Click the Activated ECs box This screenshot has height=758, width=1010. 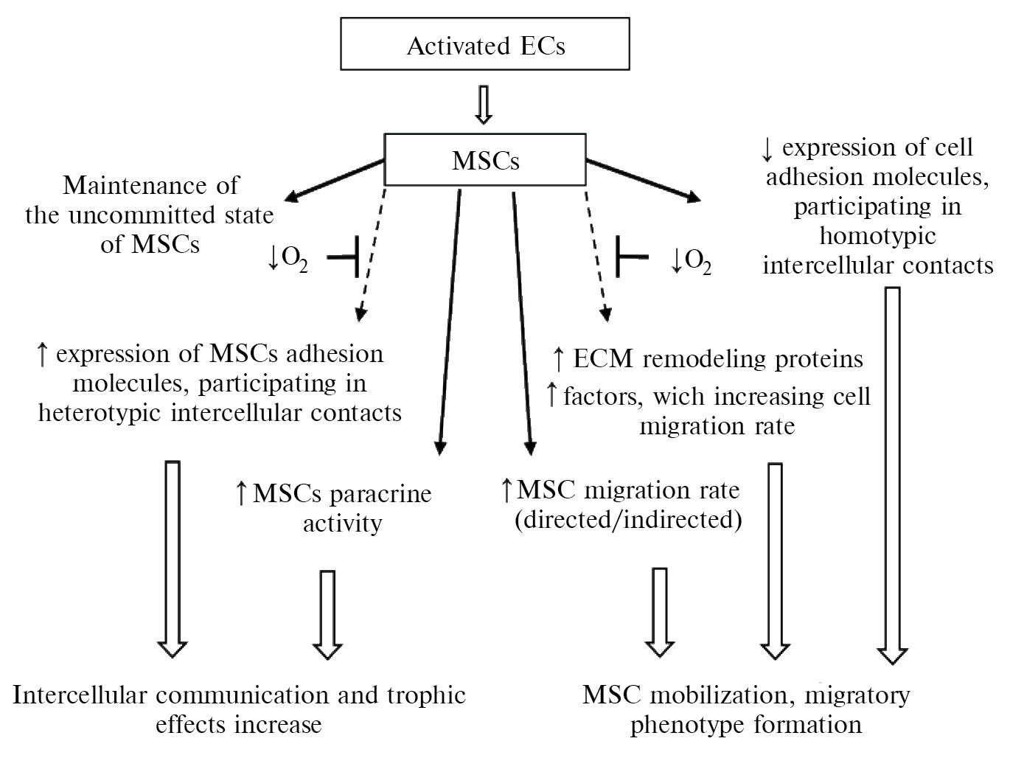click(x=485, y=47)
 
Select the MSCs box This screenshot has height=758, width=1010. click(x=485, y=160)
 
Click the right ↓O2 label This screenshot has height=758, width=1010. click(x=691, y=261)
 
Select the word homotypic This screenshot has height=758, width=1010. click(x=877, y=236)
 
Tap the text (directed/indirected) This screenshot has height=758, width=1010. click(x=627, y=520)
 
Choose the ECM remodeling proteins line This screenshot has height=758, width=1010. click(x=708, y=359)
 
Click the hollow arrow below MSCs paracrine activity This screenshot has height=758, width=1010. click(x=328, y=613)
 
